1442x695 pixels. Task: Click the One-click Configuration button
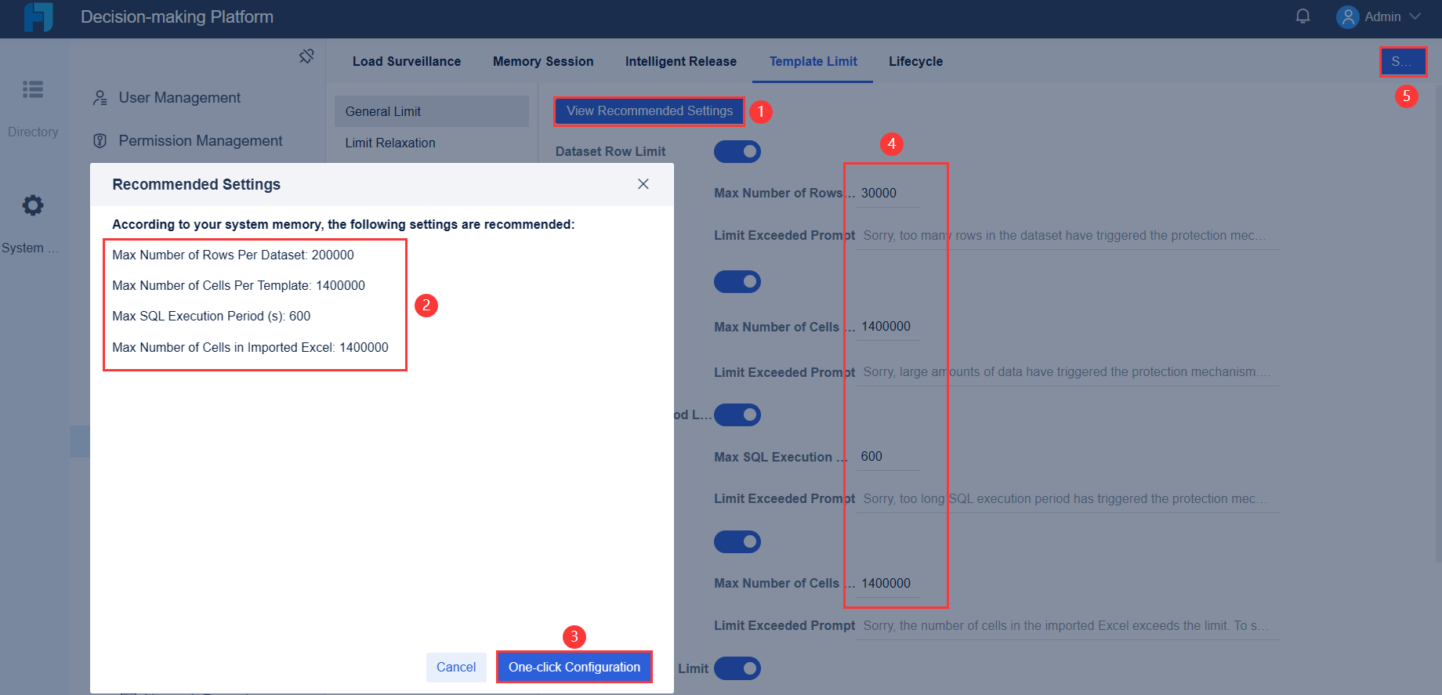point(574,667)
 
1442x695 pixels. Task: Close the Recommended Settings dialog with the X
point(643,184)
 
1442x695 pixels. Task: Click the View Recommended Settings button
point(649,111)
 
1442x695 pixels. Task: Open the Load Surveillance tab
point(406,61)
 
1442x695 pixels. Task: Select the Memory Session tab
point(542,61)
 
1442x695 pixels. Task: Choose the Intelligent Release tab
point(680,61)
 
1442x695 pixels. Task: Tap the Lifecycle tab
point(915,61)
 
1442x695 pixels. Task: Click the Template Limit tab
point(813,61)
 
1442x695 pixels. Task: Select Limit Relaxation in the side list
point(389,143)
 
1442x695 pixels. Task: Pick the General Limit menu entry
point(383,111)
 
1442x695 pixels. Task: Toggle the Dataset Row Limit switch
point(737,151)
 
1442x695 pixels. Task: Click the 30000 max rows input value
point(879,193)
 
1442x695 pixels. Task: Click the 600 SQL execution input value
point(871,456)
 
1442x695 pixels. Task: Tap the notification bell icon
point(1303,16)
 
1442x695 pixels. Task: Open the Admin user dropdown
point(1380,16)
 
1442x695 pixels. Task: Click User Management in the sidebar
point(179,98)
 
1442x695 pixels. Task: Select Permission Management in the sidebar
point(200,141)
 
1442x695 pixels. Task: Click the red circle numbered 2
point(426,305)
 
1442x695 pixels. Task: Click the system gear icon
point(33,205)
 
